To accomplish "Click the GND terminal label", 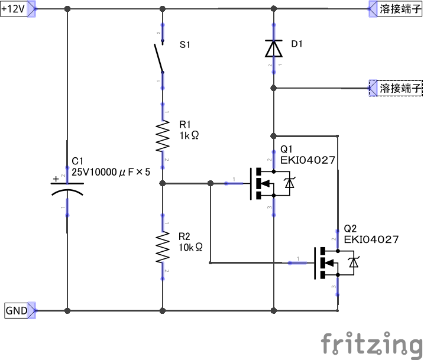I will point(16,310).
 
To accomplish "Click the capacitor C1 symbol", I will point(67,188).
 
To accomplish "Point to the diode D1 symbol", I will point(274,48).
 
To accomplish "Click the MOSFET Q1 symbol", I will point(269,184).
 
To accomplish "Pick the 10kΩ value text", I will point(190,247).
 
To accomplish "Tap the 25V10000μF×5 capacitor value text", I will point(111,172).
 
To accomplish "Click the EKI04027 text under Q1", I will point(308,160).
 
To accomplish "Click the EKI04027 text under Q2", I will point(371,239).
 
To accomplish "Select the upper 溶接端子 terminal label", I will point(399,9).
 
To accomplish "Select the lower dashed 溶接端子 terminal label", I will point(400,88).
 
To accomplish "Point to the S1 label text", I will point(185,44).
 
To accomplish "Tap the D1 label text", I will point(297,44).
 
